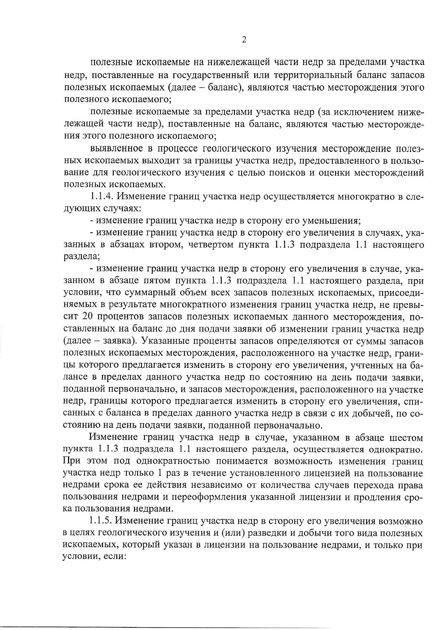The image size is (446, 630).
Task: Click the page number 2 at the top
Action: point(244,40)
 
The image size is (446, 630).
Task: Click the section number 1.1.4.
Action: point(101,197)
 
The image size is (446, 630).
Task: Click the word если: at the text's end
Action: point(115,558)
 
